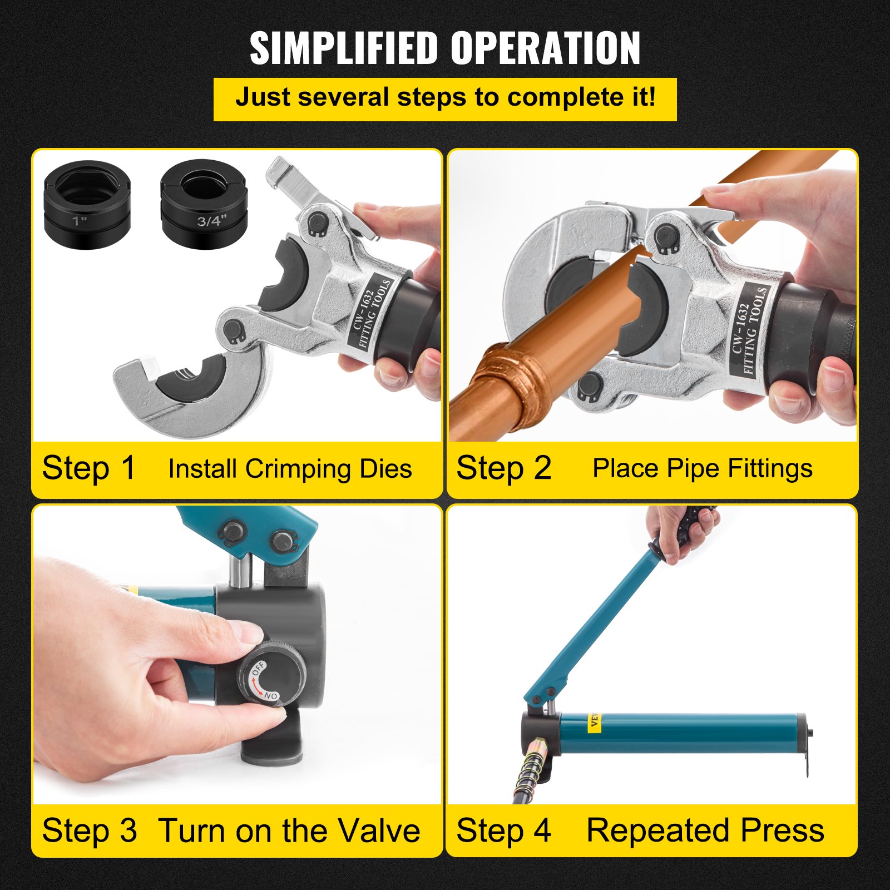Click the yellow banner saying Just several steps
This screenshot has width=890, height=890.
(445, 99)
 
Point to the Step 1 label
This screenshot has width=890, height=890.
(89, 468)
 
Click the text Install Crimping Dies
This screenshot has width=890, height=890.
(290, 469)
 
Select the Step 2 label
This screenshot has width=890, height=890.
(503, 468)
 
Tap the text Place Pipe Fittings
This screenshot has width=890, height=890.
(702, 468)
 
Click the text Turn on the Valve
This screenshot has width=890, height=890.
(289, 830)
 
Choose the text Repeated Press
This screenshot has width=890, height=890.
(705, 830)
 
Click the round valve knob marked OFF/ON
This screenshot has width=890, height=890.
(273, 675)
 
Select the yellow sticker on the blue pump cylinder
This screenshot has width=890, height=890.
(594, 721)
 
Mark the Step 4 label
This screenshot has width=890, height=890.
(503, 830)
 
